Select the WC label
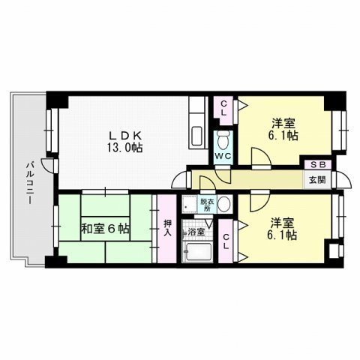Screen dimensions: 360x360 coord(223,156)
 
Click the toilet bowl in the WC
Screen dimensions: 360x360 coord(223,141)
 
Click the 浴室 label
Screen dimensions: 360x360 coord(196,232)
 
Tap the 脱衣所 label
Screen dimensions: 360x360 coord(205,204)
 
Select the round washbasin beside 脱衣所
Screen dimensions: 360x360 coord(223,204)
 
